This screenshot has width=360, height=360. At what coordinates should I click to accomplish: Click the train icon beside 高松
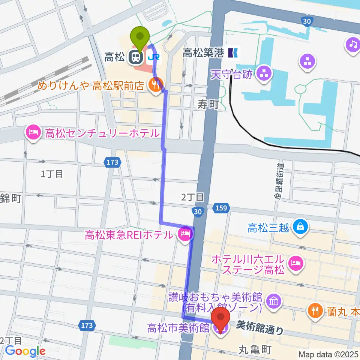135,57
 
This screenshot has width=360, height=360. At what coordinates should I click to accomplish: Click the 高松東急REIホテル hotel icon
186,235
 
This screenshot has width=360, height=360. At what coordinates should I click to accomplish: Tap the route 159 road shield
221,207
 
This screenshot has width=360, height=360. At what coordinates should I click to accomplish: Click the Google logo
25,351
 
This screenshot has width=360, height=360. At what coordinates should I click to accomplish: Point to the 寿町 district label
208,105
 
